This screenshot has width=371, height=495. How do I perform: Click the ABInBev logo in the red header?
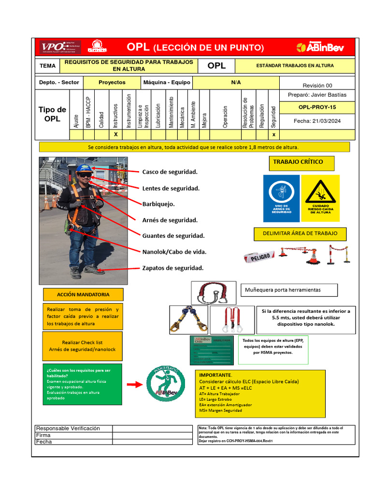point(319,47)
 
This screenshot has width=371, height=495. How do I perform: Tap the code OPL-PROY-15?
point(317,107)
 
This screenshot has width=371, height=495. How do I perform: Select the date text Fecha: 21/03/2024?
point(317,121)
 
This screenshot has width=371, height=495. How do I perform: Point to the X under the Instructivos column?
point(115,134)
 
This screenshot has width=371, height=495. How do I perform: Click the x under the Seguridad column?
point(274,134)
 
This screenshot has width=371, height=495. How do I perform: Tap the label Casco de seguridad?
point(170,172)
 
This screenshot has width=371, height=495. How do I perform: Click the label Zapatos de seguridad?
point(172,268)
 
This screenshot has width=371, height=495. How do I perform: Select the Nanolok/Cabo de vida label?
point(174,252)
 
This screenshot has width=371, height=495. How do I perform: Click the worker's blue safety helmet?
point(84,168)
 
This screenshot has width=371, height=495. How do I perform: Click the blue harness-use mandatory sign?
point(281,198)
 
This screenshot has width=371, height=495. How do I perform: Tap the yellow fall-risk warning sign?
point(321,198)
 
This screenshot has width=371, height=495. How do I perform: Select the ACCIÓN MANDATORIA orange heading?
point(83,294)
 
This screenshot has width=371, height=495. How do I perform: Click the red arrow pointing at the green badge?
point(133,384)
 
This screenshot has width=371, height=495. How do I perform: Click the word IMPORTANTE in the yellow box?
point(215,375)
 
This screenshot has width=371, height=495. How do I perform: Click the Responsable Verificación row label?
point(68,428)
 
